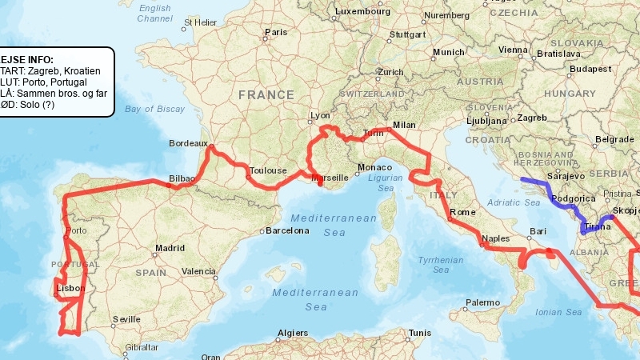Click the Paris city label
click(276, 33)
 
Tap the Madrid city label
click(170, 248)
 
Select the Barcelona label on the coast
click(287, 230)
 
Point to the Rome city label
click(463, 213)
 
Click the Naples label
click(496, 238)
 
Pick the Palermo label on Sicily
click(482, 303)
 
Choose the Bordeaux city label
click(189, 144)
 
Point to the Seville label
click(127, 319)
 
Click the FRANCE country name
click(266, 94)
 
